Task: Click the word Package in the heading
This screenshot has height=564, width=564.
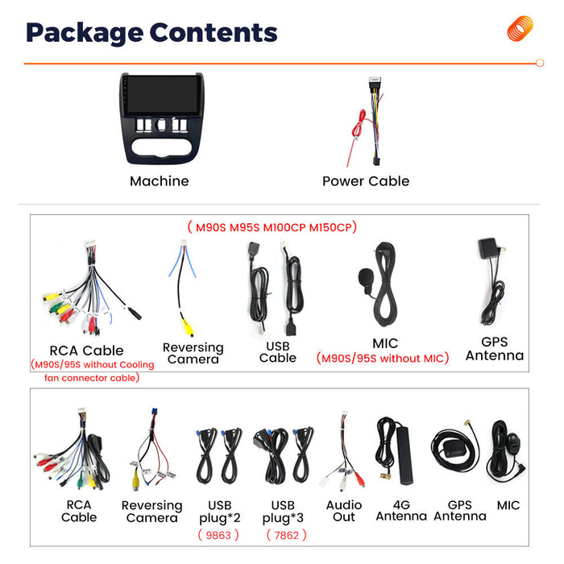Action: pyautogui.click(x=85, y=33)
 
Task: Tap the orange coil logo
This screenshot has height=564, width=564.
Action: pyautogui.click(x=520, y=28)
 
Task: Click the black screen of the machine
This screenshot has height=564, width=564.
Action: pyautogui.click(x=162, y=95)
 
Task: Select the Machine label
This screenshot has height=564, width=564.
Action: pyautogui.click(x=160, y=181)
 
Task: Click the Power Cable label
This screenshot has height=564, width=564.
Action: pyautogui.click(x=366, y=181)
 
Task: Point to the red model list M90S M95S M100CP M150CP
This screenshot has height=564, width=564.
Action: pyautogui.click(x=273, y=227)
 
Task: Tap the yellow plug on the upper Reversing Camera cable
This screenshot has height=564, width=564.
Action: pyautogui.click(x=188, y=328)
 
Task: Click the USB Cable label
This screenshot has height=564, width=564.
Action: pyautogui.click(x=278, y=352)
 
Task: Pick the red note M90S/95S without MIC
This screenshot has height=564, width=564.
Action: pyautogui.click(x=383, y=359)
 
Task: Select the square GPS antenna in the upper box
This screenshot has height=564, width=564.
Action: pyautogui.click(x=488, y=248)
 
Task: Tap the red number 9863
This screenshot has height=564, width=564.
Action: pyautogui.click(x=218, y=535)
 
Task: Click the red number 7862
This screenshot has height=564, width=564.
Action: pyautogui.click(x=286, y=535)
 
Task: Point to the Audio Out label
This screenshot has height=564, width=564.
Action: pyautogui.click(x=344, y=511)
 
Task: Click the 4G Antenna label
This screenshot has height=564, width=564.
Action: pyautogui.click(x=401, y=510)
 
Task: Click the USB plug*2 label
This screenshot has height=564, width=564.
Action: pyautogui.click(x=220, y=512)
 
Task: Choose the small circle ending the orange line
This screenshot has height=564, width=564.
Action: pyautogui.click(x=540, y=63)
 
